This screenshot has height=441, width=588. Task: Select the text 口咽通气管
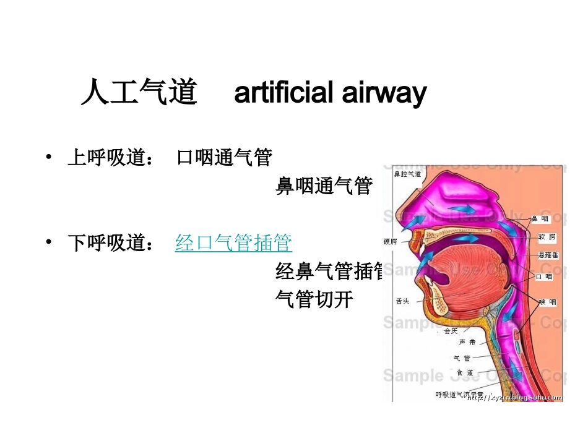point(224,158)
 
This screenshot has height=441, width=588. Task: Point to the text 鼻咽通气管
point(324,186)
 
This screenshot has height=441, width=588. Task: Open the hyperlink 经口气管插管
point(234,243)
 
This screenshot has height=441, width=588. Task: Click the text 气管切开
point(314,299)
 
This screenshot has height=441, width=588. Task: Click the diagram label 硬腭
point(391,242)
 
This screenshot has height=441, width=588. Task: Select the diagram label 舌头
point(402,301)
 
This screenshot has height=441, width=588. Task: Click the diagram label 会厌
point(451,331)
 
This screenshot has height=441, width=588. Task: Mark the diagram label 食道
point(465,372)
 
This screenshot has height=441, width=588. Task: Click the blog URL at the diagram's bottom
point(515,398)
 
